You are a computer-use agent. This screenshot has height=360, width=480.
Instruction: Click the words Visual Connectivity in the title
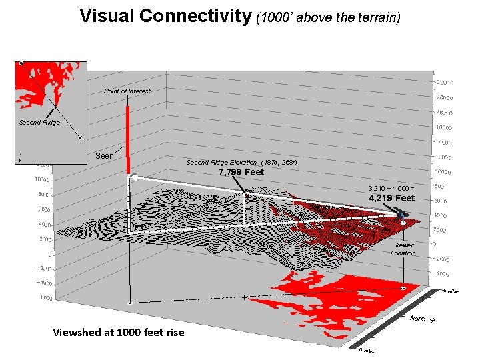(x=165, y=16)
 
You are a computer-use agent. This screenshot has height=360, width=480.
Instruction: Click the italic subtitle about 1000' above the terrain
(x=328, y=17)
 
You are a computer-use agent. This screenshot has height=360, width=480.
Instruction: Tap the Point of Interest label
(x=127, y=91)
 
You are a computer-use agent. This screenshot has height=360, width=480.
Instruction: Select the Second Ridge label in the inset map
(x=39, y=123)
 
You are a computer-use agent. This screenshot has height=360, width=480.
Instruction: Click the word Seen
(x=105, y=156)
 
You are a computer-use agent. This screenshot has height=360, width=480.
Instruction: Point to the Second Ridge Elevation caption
(x=241, y=163)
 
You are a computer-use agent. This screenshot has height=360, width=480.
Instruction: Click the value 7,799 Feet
(x=241, y=173)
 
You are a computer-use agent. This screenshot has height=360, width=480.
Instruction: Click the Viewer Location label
(x=403, y=249)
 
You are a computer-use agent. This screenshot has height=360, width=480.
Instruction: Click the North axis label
(x=418, y=319)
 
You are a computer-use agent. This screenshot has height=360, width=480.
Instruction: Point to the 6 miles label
(x=451, y=291)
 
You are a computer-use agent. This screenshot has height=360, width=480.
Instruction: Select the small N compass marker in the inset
(x=20, y=160)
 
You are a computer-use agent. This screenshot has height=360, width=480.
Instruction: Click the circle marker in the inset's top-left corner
(x=21, y=63)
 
